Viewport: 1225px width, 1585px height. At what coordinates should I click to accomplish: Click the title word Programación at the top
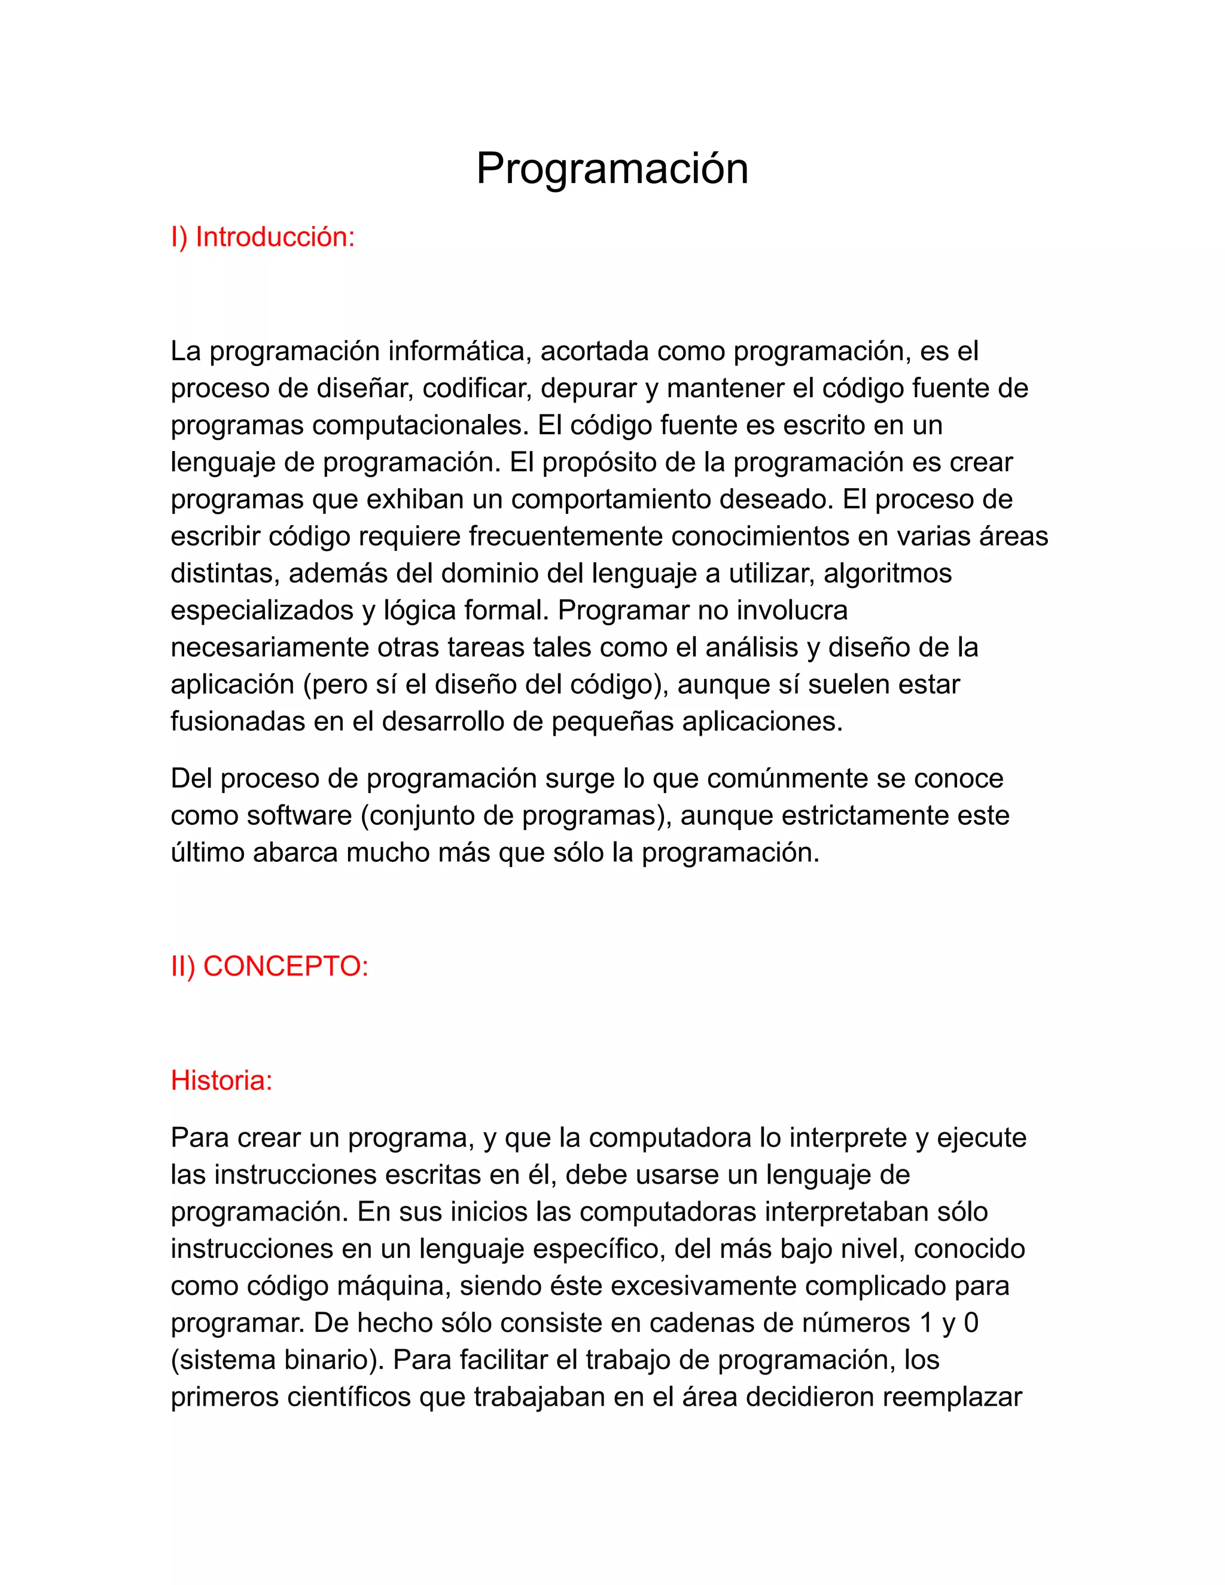click(x=612, y=169)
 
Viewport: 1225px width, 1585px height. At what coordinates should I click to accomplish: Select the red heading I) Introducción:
click(x=263, y=237)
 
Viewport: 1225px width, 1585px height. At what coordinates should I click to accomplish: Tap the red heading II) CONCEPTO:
click(x=269, y=967)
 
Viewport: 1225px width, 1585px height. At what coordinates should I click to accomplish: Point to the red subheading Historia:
click(x=221, y=1081)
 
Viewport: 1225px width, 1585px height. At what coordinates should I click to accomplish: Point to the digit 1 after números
click(x=926, y=1323)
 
